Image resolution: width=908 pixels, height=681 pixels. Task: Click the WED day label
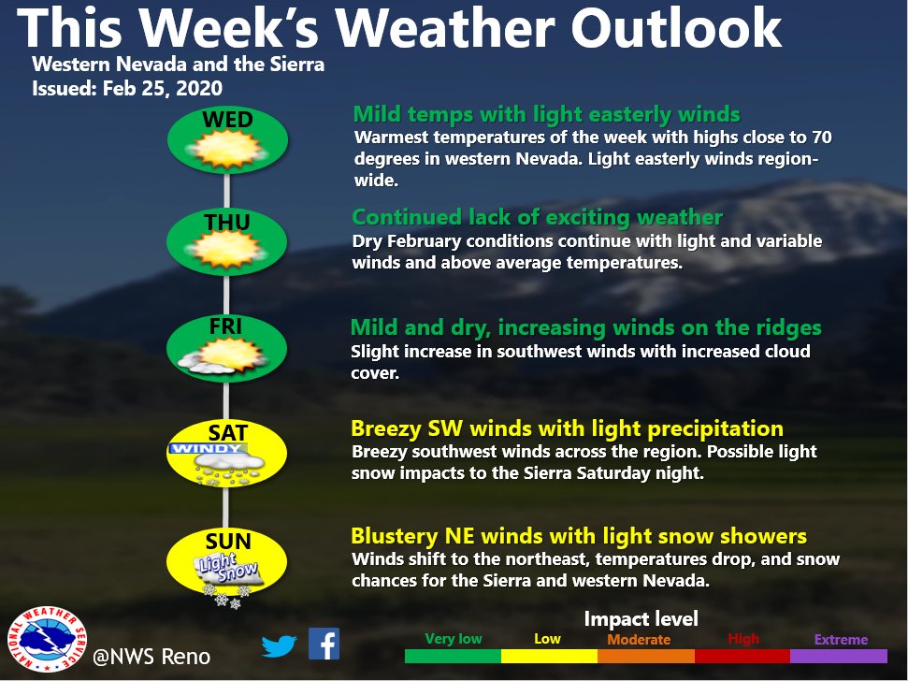coord(227,120)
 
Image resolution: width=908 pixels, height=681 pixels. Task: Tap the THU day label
coord(227,223)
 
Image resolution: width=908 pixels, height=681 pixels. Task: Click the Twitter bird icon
coord(278,645)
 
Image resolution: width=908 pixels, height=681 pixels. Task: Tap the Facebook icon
coord(324,644)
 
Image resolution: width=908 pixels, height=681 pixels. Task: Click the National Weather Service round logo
coord(43,642)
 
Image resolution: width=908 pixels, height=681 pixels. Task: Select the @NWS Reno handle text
coord(151,657)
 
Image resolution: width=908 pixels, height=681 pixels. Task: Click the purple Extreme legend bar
coord(839,657)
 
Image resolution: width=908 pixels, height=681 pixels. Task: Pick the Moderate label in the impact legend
coord(640,640)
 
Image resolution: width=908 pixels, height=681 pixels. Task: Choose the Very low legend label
coord(454,639)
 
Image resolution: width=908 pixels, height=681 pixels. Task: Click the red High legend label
coord(743,639)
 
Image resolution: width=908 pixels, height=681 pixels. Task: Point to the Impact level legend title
coord(641,619)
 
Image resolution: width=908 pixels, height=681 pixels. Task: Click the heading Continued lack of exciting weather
coord(537,218)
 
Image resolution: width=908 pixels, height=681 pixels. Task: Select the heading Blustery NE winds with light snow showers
coord(578,536)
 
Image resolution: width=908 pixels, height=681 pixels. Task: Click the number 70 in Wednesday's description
coord(820,138)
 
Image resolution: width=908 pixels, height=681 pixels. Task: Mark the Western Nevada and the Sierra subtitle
coord(178,65)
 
